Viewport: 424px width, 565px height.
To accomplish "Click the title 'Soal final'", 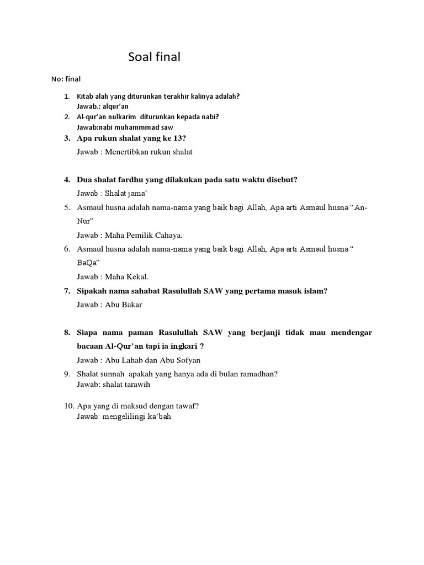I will pyautogui.click(x=154, y=57).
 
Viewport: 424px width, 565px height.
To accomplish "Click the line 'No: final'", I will pyautogui.click(x=66, y=79).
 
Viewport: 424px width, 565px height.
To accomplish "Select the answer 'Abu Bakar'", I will pyautogui.click(x=125, y=305).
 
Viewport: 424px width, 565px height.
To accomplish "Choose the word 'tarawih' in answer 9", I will pyautogui.click(x=138, y=385).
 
